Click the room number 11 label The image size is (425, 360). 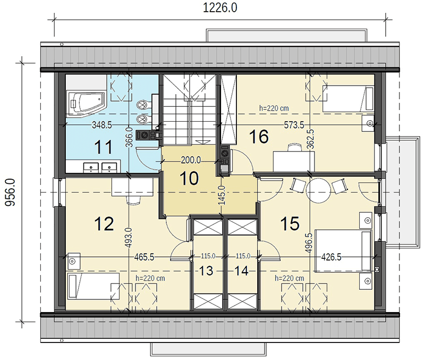(103, 147)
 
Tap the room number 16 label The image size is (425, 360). (259, 137)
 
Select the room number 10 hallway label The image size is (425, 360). (189, 179)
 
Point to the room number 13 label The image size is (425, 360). (206, 271)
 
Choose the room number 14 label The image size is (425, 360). (241, 271)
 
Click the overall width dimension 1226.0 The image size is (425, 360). (220, 8)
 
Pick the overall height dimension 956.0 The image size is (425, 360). (11, 192)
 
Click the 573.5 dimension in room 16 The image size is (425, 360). (294, 125)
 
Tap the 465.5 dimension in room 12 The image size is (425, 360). (144, 257)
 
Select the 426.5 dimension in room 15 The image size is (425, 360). (331, 257)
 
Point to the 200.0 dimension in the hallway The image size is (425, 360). (191, 161)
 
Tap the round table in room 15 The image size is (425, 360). (318, 190)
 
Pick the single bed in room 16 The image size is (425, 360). (348, 98)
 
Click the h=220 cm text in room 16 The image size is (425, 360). (274, 108)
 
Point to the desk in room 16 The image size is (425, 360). (294, 162)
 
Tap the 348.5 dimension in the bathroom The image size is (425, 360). (101, 125)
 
